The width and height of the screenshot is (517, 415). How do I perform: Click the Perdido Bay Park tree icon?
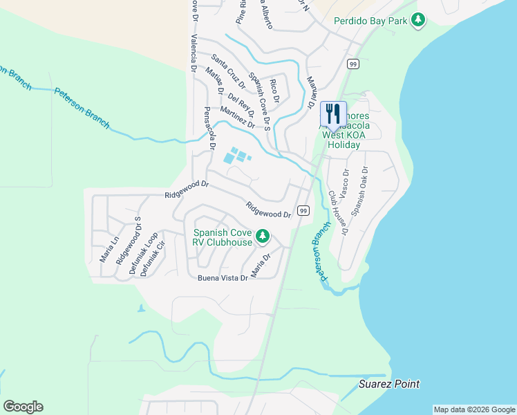417,21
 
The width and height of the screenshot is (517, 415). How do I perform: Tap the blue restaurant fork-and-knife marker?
333,114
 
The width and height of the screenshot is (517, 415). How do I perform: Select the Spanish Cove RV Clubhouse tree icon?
263,237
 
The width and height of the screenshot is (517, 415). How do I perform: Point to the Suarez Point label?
389,384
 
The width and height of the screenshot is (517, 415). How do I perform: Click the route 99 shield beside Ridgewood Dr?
303,210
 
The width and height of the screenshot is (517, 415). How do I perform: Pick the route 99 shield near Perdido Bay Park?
352,64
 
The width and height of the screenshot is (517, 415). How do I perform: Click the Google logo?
23,407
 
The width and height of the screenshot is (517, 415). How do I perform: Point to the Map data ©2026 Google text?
474,409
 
